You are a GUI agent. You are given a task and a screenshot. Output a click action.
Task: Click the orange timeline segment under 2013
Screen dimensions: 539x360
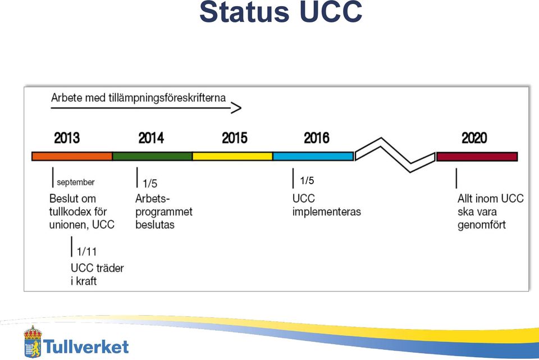tap(72, 157)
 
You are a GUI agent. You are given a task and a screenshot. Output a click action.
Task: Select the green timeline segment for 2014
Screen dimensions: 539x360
tap(152, 157)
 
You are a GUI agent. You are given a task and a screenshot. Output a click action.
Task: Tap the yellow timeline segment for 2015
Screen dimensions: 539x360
tap(232, 157)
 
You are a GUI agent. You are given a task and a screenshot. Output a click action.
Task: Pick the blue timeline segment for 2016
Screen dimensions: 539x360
tap(313, 157)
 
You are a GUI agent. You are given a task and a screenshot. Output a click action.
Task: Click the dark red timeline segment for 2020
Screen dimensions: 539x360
tap(477, 157)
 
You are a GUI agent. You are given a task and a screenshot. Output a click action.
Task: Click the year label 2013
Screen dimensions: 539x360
tap(67, 138)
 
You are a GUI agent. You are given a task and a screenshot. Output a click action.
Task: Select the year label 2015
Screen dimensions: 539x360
tap(235, 138)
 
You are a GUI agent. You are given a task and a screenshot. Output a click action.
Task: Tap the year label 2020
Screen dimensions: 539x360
tap(474, 138)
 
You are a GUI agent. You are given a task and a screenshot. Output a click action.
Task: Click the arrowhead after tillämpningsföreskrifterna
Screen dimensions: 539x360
tap(236, 108)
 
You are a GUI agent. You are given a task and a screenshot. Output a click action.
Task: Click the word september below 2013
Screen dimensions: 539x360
tap(76, 182)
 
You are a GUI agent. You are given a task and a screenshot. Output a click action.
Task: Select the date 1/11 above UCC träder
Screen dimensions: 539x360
tap(86, 252)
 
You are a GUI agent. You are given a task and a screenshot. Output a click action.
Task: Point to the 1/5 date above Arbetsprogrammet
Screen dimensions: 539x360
tap(150, 183)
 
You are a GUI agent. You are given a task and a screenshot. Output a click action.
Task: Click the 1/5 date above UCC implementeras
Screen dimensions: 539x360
tap(307, 180)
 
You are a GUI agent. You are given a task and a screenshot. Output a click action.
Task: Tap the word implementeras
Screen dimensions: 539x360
tap(327, 212)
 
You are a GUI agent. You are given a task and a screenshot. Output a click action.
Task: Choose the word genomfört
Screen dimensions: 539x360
tap(482, 225)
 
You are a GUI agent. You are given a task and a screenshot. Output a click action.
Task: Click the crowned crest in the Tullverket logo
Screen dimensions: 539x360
tap(33, 341)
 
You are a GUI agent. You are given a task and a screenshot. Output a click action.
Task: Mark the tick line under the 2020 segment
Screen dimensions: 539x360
tap(456, 178)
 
